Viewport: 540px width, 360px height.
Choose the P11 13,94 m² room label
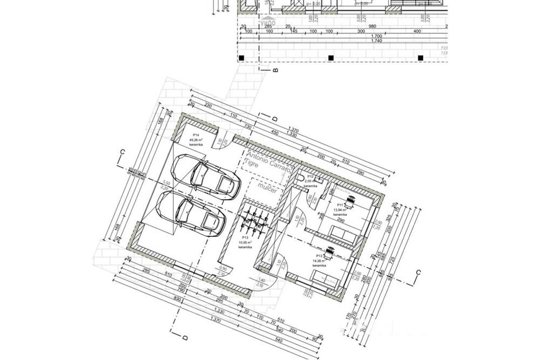[x=340, y=209]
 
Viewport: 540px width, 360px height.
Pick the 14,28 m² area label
[x=320, y=260]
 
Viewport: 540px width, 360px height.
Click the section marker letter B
[x=275, y=70]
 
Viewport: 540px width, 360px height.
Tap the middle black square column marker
[x=331, y=58]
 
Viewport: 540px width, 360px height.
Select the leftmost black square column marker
[x=242, y=58]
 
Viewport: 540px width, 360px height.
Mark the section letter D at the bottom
[x=184, y=338]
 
